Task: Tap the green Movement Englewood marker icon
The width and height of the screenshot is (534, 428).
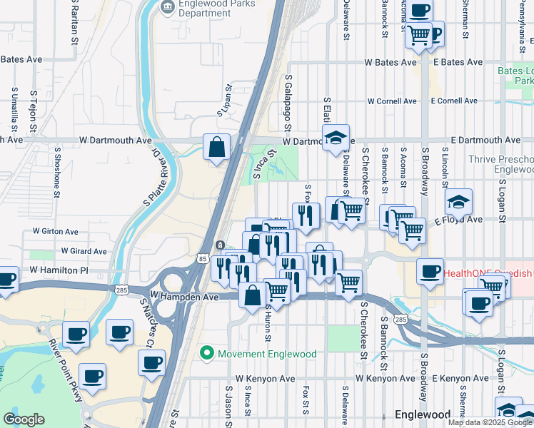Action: (207, 352)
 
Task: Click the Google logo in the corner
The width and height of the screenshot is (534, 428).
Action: (24, 419)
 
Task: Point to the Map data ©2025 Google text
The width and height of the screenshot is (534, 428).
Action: (490, 422)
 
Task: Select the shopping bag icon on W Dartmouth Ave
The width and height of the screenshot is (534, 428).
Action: (216, 148)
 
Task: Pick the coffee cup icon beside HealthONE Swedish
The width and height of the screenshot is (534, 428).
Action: (430, 272)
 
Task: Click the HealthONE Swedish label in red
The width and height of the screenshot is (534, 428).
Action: (488, 273)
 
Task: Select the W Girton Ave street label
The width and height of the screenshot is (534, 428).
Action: (56, 232)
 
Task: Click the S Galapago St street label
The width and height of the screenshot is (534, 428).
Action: (288, 104)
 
